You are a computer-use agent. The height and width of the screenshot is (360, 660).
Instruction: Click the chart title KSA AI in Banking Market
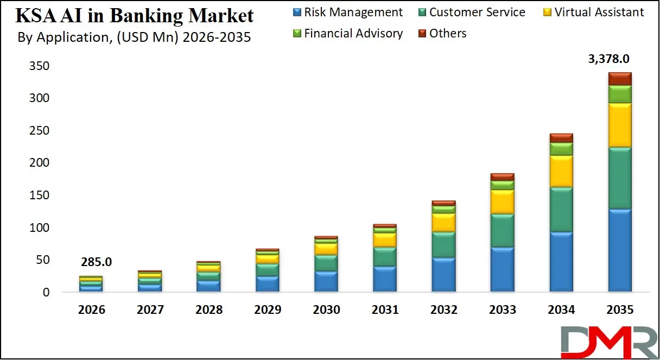(x=135, y=15)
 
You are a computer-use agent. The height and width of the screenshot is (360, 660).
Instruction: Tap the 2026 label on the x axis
(x=91, y=310)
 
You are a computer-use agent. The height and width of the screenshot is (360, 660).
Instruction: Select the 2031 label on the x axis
(x=385, y=310)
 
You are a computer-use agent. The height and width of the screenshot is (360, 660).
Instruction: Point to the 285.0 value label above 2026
(x=96, y=262)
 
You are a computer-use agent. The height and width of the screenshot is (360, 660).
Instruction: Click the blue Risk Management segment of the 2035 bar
(x=619, y=250)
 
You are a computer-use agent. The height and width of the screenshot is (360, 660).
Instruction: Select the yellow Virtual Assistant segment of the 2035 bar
(x=619, y=125)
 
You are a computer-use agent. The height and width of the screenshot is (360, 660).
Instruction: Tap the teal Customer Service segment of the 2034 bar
(x=561, y=210)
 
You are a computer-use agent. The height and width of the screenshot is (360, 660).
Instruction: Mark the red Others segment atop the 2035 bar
(x=619, y=79)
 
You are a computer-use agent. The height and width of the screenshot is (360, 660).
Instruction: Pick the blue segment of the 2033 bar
(x=502, y=269)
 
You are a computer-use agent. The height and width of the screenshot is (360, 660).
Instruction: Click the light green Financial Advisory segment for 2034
(x=561, y=149)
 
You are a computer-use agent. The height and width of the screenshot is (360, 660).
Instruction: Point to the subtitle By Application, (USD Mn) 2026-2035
(x=134, y=38)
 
